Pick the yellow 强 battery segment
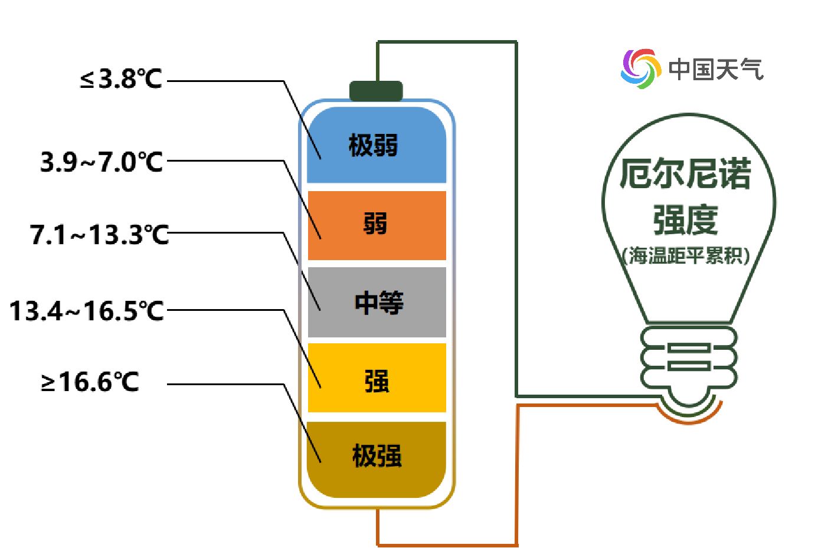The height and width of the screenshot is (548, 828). (413, 395)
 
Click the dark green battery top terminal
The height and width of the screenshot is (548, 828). (376, 91)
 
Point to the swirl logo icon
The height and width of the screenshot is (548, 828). (640, 68)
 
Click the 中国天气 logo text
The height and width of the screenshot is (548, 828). (716, 70)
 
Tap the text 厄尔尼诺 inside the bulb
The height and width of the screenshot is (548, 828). (685, 174)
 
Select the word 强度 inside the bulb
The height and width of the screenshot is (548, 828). (685, 219)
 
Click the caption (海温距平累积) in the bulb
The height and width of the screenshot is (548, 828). (685, 256)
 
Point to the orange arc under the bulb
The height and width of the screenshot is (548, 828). (689, 418)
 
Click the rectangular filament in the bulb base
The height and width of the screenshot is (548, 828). (689, 357)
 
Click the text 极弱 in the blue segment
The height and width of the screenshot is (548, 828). (374, 146)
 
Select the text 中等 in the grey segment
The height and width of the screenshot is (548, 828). (379, 303)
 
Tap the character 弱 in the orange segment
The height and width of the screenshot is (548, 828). (375, 224)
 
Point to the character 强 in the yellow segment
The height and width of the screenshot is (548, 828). (377, 381)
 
